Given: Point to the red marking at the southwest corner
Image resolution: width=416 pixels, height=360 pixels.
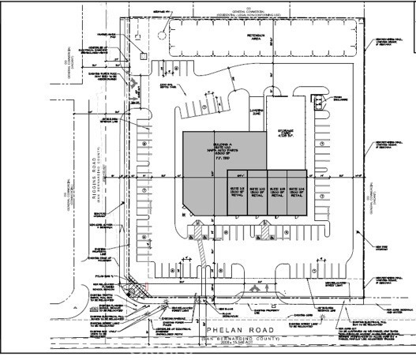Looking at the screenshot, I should [x=146, y=287].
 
